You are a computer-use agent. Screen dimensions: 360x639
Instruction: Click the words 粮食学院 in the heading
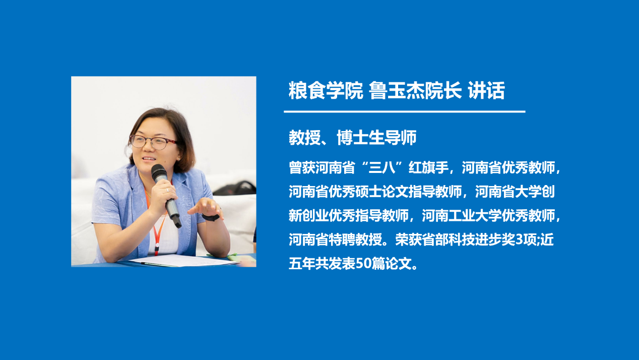[x=326, y=91]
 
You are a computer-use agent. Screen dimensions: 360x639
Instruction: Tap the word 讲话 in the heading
[x=486, y=91]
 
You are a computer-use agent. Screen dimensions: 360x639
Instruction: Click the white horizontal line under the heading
[x=404, y=111]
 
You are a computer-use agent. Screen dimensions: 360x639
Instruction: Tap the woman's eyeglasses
[x=152, y=142]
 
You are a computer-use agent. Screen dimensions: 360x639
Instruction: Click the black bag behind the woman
[x=236, y=188]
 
